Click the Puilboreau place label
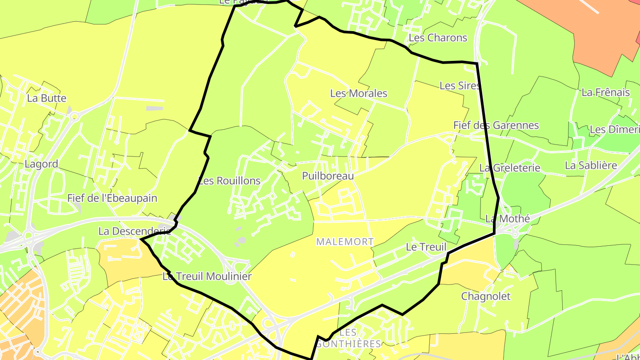[x=328, y=176]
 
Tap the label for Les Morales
[x=359, y=93]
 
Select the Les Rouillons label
[x=229, y=181]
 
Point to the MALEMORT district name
[x=345, y=242]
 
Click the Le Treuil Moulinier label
[x=207, y=276]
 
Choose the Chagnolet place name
[x=486, y=296]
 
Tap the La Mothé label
[x=508, y=219]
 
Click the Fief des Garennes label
[x=496, y=125]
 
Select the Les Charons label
[x=438, y=38]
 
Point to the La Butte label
[x=47, y=98]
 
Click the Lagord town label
[x=41, y=164]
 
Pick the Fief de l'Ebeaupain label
[x=112, y=198]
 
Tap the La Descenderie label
[x=135, y=231]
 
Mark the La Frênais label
[x=606, y=92]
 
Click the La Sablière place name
[x=591, y=165]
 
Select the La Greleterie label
[x=510, y=168]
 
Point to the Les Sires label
[x=460, y=86]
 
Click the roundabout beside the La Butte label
[x=74, y=117]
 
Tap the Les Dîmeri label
[x=615, y=130]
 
